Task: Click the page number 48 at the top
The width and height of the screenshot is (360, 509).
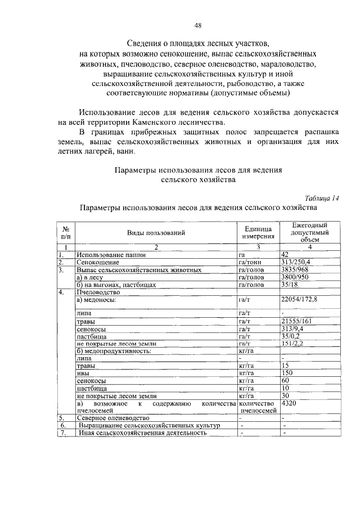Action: coord(198,25)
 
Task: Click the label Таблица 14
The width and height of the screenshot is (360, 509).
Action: coord(321,197)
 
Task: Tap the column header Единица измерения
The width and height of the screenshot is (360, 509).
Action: coord(258,232)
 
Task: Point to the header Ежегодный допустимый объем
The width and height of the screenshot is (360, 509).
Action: coord(310,232)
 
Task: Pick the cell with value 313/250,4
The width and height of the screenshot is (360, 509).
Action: coord(295,262)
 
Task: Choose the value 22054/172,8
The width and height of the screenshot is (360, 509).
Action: coord(299,300)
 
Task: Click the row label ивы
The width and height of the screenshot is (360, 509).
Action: coord(83,373)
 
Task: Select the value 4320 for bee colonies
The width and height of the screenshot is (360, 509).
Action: coord(289,404)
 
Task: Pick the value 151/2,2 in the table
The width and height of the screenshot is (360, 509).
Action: coord(293,343)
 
